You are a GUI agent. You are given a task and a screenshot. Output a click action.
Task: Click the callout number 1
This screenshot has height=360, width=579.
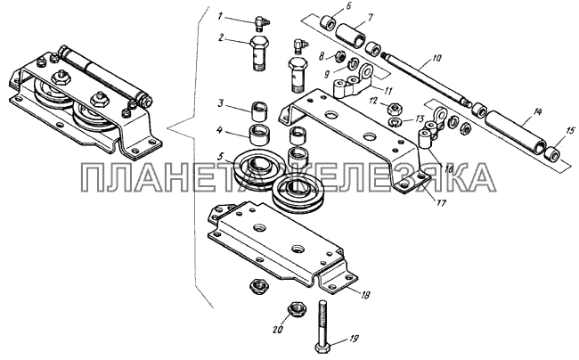click(x=220, y=16)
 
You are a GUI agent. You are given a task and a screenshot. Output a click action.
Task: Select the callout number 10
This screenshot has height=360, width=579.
click(x=436, y=58)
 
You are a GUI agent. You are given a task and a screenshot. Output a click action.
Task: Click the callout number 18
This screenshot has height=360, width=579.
click(x=365, y=295)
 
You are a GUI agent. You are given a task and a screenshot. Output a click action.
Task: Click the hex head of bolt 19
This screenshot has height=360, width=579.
click(x=322, y=348)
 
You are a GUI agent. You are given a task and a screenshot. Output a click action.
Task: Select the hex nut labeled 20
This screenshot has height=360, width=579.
click(x=297, y=308)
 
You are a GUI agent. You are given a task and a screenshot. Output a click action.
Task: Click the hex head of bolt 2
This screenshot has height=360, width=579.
click(x=260, y=41)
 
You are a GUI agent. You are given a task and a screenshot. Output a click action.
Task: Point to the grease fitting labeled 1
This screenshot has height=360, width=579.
click(x=263, y=23)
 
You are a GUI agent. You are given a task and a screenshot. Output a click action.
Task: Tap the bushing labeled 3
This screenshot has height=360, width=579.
click(x=260, y=111)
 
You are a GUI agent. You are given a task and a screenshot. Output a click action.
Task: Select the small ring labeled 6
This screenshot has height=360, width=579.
click(x=329, y=23)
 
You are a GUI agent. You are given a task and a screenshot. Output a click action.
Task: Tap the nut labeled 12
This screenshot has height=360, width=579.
click(x=392, y=108)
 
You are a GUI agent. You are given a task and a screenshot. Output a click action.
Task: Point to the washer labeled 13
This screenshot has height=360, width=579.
click(x=396, y=121)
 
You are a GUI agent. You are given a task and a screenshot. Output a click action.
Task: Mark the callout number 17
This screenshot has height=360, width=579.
click(x=441, y=202)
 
